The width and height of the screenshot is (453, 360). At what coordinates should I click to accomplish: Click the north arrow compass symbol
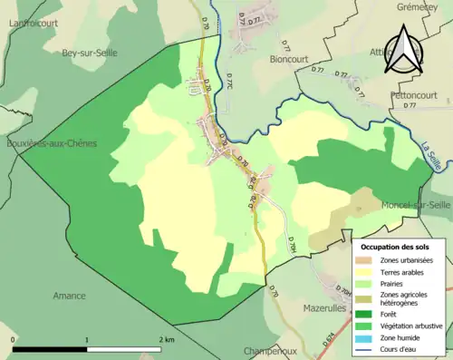coord(403,49)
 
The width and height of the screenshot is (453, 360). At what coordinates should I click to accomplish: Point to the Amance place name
coord(69,296)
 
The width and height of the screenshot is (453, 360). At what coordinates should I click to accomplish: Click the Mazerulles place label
coord(299,308)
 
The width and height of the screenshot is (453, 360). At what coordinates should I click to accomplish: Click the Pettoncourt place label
coord(416,93)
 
